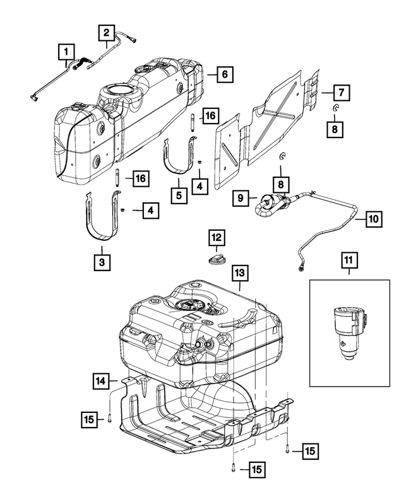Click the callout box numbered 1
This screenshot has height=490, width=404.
tap(66, 49)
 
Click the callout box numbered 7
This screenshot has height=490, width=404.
tap(340, 93)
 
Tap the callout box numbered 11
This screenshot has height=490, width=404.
tap(348, 259)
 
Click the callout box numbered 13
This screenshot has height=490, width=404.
tap(240, 273)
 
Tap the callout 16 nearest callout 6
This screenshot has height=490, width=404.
tap(210, 115)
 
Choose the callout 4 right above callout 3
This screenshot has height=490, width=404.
tap(150, 211)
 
